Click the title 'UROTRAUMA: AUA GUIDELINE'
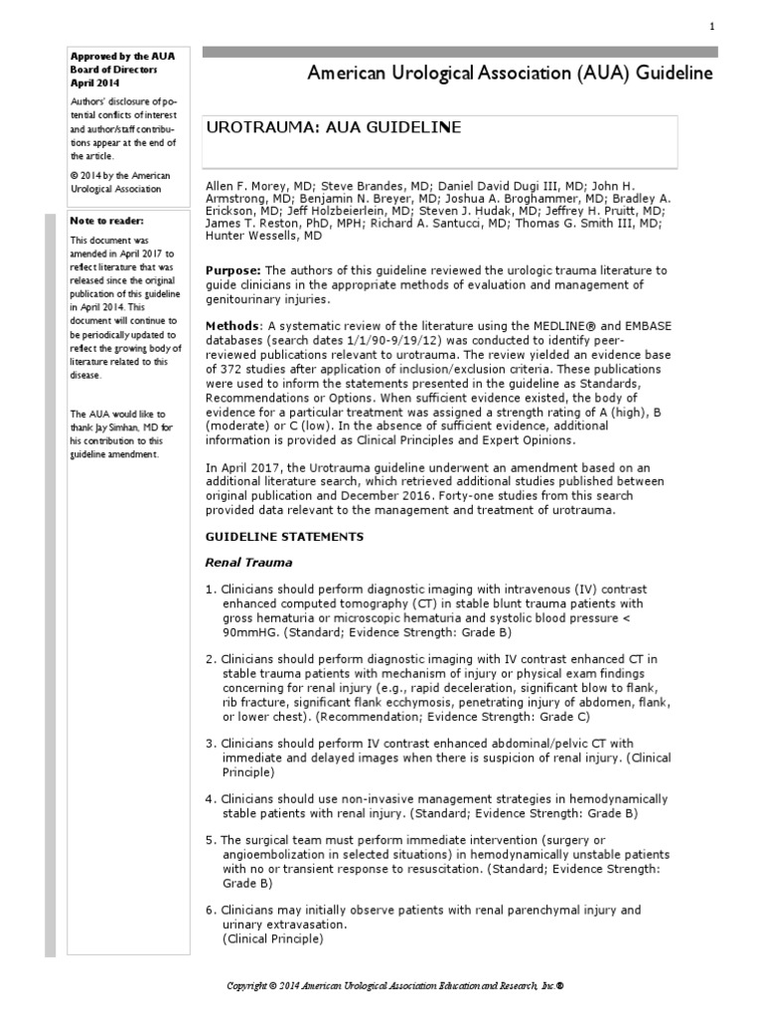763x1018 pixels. pyautogui.click(x=333, y=128)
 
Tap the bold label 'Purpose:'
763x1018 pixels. pyautogui.click(x=234, y=271)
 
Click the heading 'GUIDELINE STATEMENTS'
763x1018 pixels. pyautogui.click(x=284, y=537)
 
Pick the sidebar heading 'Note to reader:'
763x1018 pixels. pyautogui.click(x=107, y=221)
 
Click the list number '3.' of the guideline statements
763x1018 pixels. pyautogui.click(x=211, y=744)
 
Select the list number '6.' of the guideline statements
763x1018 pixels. pyautogui.click(x=211, y=910)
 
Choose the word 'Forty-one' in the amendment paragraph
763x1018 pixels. pyautogui.click(x=481, y=495)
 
